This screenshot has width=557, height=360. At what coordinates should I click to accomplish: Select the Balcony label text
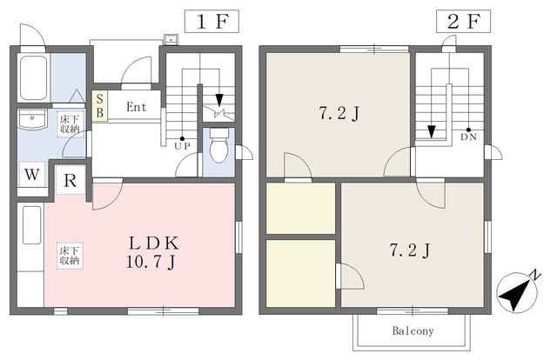coord(413,331)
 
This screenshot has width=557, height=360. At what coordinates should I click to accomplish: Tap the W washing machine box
coord(31,173)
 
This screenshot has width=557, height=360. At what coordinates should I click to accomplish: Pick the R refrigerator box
coord(70,181)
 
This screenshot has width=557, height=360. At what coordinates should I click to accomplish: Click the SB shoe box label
coord(99,105)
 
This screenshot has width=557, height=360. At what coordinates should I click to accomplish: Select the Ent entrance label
coord(136,108)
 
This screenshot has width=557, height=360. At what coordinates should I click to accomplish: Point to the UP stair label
coord(183,146)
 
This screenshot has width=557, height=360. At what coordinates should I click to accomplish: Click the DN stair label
coord(468,137)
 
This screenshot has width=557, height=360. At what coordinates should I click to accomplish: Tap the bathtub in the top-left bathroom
coord(33,81)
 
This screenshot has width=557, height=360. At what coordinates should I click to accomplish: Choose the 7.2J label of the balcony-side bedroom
coord(412,251)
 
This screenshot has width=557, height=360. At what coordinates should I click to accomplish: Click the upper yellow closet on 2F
coord(301,209)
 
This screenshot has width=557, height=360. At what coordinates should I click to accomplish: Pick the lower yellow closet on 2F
coord(301,272)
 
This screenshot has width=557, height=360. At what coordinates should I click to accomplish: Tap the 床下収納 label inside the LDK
coord(70,255)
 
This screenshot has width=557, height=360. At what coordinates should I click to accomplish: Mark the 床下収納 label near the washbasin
coord(70,124)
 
